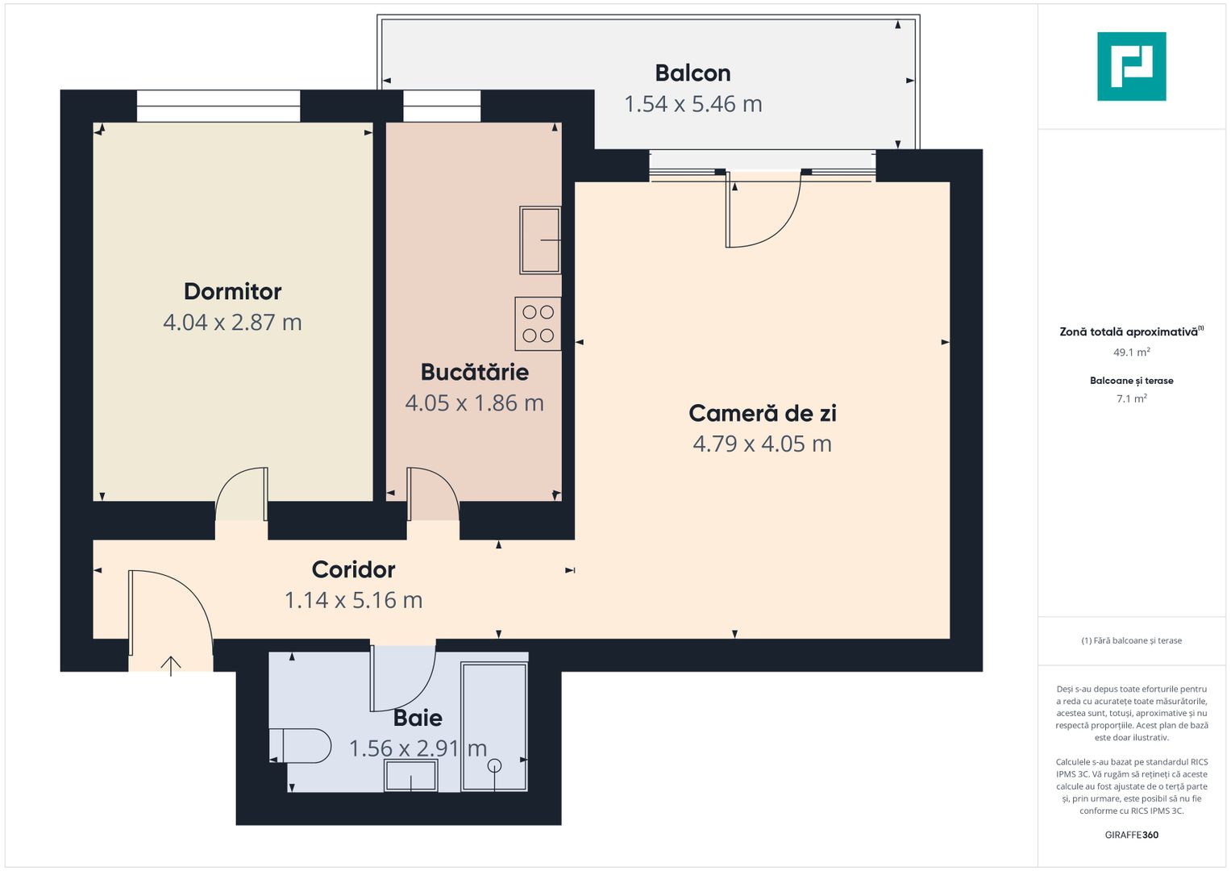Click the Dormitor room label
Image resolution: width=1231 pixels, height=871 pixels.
coord(232,291)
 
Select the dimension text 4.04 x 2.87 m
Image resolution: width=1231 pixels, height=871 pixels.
coord(232,323)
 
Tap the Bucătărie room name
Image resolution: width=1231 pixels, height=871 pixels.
coord(474,372)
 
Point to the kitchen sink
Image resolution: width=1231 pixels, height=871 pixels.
coord(540,240)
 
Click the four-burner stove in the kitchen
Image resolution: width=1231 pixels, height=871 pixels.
coord(538,323)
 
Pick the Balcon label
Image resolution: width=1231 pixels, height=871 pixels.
coord(692,73)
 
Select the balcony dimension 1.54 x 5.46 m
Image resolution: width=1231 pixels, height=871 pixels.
coord(692,104)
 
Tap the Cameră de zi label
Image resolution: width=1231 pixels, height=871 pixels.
coord(762,413)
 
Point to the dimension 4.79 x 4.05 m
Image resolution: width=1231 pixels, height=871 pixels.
coord(762,444)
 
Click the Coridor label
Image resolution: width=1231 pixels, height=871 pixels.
coord(353,569)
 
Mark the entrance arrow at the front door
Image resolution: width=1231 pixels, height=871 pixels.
coord(171,665)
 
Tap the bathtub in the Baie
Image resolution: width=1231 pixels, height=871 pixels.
coord(494,727)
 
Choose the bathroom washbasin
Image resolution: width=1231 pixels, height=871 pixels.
coord(410,776)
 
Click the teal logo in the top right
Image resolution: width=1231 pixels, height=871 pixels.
coord(1131,66)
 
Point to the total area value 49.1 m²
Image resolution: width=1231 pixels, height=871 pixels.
coord(1131,352)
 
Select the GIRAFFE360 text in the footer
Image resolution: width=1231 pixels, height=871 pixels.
coord(1131,835)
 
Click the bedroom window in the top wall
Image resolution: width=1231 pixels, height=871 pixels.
coord(218,106)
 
